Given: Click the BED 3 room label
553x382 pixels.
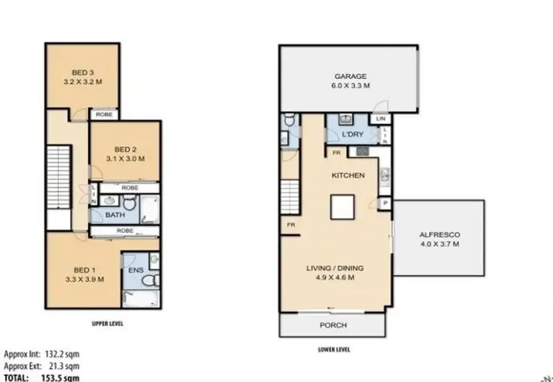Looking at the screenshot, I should coord(81,72).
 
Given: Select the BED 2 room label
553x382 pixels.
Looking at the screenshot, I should coord(125,148).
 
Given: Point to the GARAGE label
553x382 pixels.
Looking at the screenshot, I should coord(351,77).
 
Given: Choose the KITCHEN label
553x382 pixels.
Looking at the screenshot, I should coord(348,176).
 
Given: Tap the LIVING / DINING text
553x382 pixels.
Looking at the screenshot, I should coord(335,268).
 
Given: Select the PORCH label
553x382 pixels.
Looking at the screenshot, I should coord(333,325).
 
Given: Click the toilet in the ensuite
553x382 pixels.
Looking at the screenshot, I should coord(150,281).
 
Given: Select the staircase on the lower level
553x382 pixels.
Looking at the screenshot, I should coord(288,194).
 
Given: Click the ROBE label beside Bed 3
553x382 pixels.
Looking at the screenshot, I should coord(101,115).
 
